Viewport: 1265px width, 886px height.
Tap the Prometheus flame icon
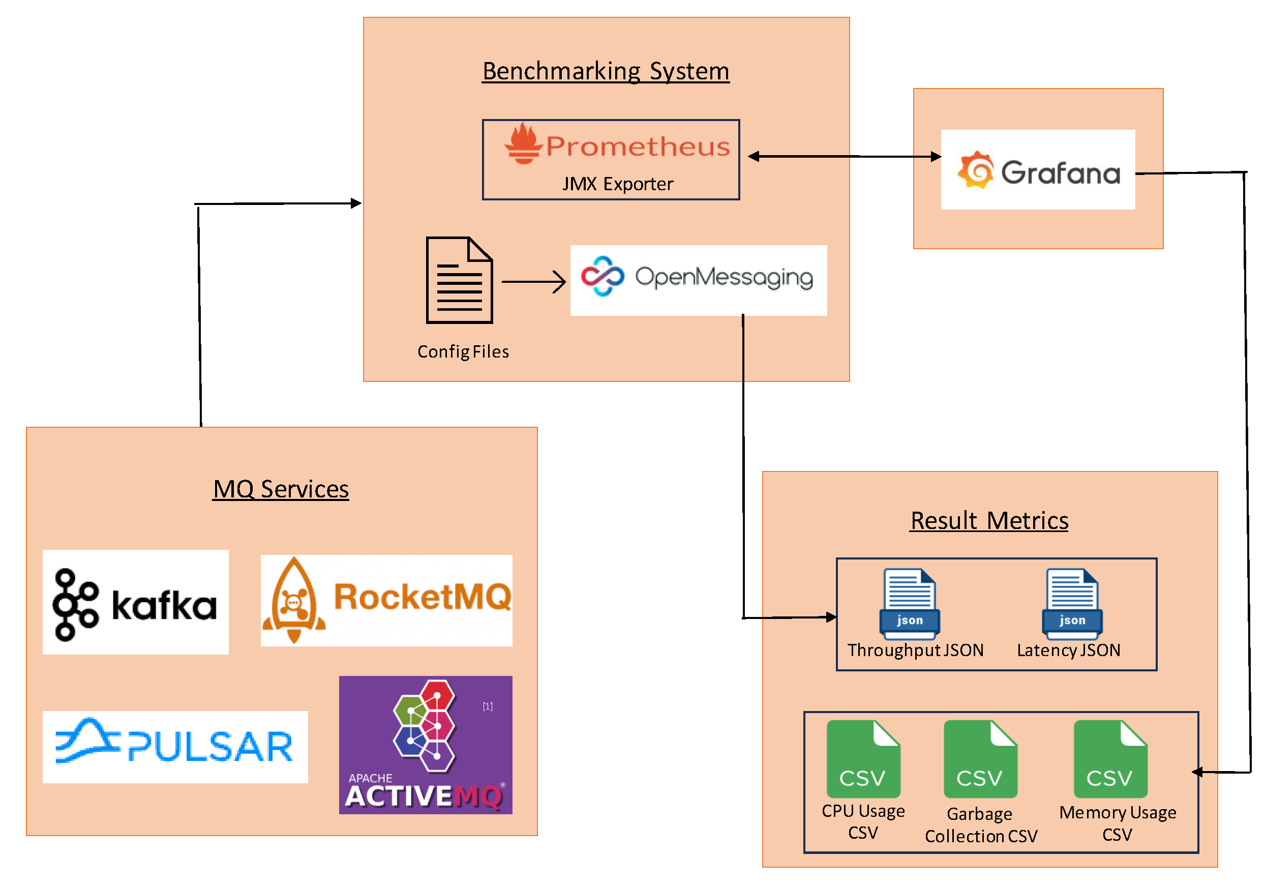[x=523, y=144]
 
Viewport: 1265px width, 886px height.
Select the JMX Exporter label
[x=617, y=184]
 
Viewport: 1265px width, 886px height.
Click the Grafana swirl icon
[x=976, y=170]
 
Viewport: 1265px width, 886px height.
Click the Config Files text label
[x=463, y=351]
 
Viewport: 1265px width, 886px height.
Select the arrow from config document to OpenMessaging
[x=533, y=282]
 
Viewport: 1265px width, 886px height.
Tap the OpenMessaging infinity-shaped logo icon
[x=602, y=276]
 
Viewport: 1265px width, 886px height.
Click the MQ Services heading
[x=281, y=489]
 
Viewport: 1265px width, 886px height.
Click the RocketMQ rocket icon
[x=294, y=601]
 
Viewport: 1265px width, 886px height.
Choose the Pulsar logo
[x=175, y=746]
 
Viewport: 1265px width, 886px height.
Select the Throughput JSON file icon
[x=909, y=604]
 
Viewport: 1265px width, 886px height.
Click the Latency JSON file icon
[x=1072, y=604]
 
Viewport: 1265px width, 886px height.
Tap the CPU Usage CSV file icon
[x=863, y=759]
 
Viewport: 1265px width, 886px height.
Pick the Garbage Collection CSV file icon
[x=980, y=759]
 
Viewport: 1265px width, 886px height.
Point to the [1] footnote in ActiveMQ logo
[x=488, y=706]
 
